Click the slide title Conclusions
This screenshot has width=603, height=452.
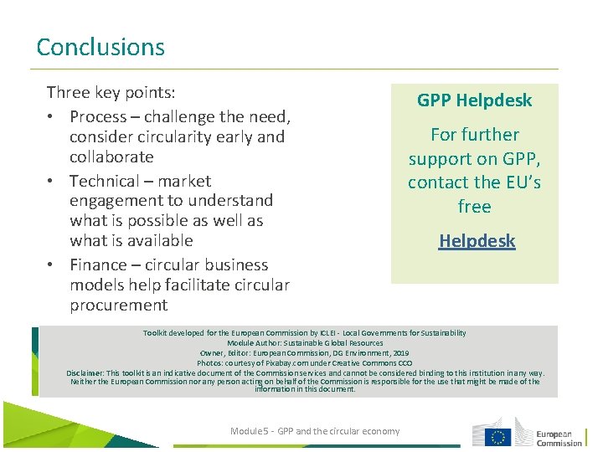click(x=100, y=47)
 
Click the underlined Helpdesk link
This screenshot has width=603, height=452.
click(x=477, y=241)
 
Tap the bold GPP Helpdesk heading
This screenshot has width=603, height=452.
click(x=474, y=100)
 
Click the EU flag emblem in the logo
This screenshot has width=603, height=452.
click(x=500, y=436)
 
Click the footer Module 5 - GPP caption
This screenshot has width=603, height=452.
click(x=315, y=431)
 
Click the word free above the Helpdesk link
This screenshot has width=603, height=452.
click(x=474, y=206)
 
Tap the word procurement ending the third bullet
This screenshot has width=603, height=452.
click(x=118, y=305)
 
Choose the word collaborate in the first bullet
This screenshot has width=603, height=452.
click(x=111, y=157)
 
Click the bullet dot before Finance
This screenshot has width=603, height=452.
click(x=53, y=265)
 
